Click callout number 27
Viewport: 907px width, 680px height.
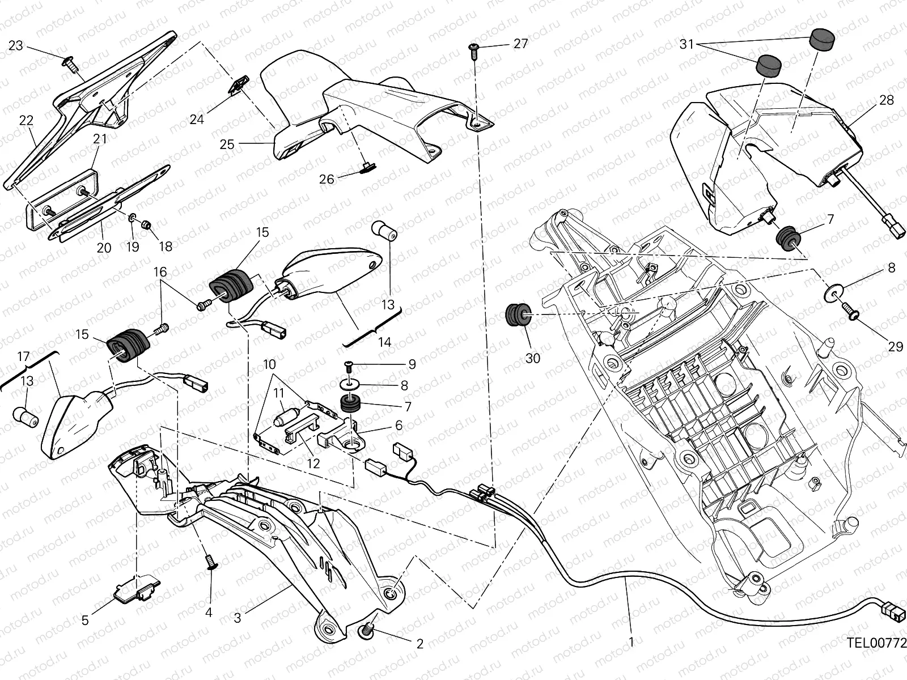(520, 44)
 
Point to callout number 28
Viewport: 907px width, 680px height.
(886, 100)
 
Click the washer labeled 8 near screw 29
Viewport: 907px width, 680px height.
(831, 293)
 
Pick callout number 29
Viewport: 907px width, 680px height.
(895, 346)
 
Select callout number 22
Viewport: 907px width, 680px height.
(26, 120)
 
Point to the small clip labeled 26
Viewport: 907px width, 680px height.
(367, 167)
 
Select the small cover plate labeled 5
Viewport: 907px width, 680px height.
(134, 589)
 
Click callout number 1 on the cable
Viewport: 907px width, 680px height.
(631, 642)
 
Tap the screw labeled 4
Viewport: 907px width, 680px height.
(211, 562)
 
